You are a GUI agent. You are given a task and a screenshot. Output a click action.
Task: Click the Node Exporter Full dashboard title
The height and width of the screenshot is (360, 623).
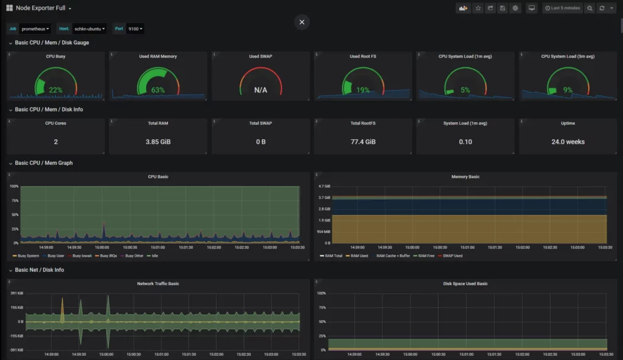[x=40, y=9]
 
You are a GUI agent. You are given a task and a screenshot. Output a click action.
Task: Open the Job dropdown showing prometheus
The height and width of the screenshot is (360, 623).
[x=35, y=29]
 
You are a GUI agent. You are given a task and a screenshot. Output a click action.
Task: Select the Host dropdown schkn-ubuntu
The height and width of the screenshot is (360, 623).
[x=89, y=29]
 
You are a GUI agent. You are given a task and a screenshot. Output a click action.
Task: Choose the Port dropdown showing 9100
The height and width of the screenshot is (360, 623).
[x=136, y=29]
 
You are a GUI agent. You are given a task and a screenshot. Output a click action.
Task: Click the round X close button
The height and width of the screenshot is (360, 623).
[x=302, y=22]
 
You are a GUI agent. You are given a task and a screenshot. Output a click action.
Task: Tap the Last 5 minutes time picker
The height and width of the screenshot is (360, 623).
[x=563, y=9]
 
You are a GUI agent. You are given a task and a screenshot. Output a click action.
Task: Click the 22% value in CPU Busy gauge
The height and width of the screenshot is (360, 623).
[x=55, y=90]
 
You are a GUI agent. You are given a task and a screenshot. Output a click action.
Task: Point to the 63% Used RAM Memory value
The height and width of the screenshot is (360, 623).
[x=158, y=90]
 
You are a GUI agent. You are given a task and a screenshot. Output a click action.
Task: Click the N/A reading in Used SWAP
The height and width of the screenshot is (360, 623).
[x=260, y=90]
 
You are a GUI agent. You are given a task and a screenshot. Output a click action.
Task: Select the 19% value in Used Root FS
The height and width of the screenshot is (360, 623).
[x=363, y=90]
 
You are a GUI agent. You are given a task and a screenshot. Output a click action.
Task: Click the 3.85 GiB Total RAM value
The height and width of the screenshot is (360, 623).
[x=158, y=142]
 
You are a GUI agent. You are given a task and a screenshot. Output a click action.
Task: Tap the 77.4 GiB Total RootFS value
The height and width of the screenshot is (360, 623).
[x=363, y=142]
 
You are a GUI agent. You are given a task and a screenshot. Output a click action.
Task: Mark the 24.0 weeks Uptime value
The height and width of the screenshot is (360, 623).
[x=568, y=142]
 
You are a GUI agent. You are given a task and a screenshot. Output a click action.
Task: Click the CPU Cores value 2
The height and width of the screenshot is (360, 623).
[x=55, y=142]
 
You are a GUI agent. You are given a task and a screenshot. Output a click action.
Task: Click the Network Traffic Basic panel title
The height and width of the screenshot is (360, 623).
[x=158, y=283]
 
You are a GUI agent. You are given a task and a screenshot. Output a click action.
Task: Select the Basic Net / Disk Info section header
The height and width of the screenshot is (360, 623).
[x=40, y=270]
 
